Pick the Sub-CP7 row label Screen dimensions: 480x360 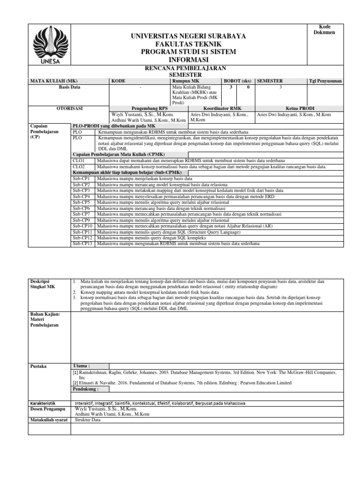coord(81,214)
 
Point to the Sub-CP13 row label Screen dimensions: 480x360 coord(82,243)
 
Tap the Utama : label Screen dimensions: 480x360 coord(82,366)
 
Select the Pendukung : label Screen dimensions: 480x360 coord(85,389)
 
